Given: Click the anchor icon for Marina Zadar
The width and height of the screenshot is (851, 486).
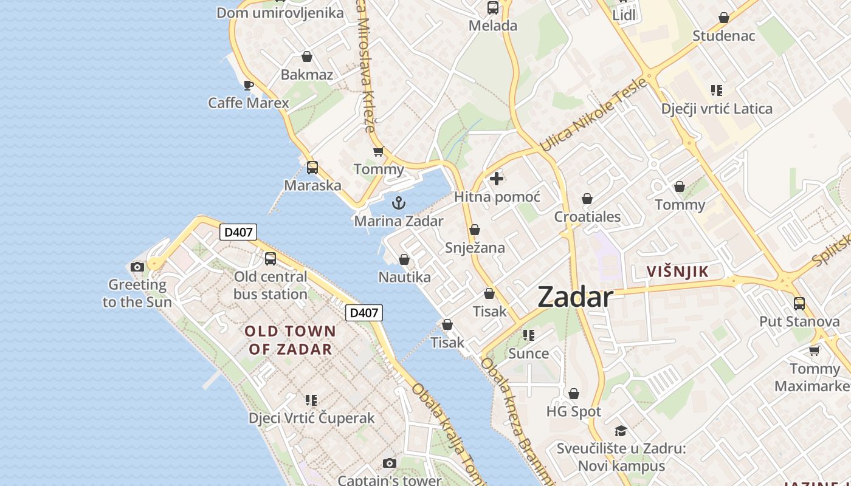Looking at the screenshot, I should click(399, 203).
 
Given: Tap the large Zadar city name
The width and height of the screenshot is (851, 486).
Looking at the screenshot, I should click(575, 297).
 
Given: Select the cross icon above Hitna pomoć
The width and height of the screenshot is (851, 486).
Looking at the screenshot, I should click(497, 179).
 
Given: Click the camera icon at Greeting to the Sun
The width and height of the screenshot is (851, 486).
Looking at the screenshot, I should click(137, 267).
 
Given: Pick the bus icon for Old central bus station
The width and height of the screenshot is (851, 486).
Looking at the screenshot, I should click(270, 259).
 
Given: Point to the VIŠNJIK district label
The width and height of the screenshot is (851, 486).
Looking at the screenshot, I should click(678, 272).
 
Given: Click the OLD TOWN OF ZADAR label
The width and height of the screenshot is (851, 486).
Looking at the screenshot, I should click(291, 340).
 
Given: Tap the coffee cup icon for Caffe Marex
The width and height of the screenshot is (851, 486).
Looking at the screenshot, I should click(248, 85).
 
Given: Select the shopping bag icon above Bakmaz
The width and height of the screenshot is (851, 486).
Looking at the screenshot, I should click(307, 56).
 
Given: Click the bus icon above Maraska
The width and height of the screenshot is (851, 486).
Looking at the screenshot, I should click(312, 168).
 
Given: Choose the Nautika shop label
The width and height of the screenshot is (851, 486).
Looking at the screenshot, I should click(404, 278).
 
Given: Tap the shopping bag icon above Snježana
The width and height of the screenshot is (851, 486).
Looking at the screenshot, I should click(475, 230).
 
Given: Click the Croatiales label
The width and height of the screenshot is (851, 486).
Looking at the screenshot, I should click(587, 217).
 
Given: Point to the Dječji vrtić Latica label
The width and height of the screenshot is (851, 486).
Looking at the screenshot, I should click(717, 109).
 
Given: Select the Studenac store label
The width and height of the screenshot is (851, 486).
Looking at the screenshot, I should click(723, 36).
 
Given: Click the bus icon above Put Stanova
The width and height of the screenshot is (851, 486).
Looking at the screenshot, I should click(799, 303).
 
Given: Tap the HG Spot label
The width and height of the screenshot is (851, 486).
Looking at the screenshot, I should click(573, 412).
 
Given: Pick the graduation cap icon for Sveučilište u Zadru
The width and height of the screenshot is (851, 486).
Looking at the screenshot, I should click(621, 431).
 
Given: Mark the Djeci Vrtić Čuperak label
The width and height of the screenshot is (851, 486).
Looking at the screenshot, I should click(311, 418).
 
